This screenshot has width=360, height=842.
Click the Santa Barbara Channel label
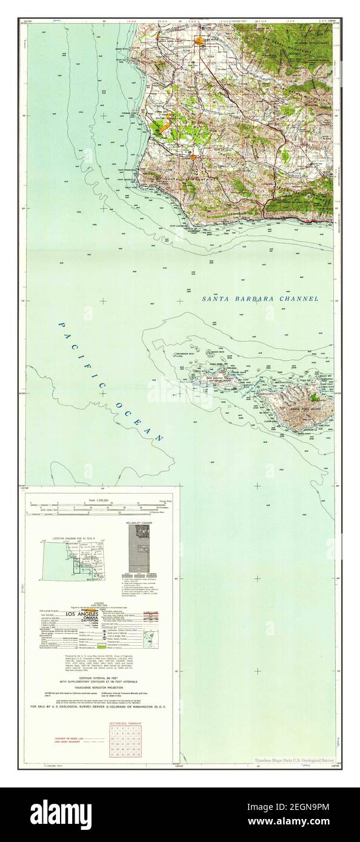260,299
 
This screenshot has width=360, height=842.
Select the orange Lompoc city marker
192,157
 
